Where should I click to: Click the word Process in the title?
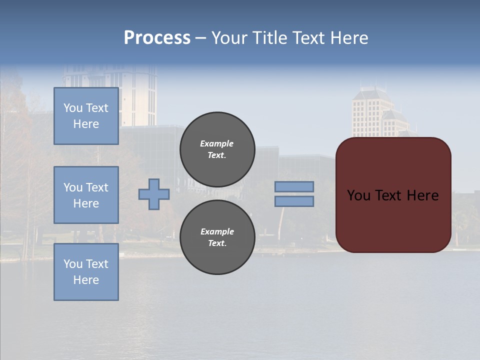(x=157, y=38)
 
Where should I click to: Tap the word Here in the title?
(x=347, y=38)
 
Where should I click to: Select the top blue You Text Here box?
(x=86, y=116)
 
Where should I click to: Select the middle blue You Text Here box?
(x=86, y=195)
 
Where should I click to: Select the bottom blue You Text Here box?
(x=86, y=272)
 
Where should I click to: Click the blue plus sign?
(x=154, y=194)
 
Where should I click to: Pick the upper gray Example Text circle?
(x=217, y=149)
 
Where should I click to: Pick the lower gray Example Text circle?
(x=217, y=237)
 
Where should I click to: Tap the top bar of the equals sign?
(x=294, y=186)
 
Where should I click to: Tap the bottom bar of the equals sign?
(x=294, y=201)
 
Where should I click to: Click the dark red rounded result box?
(x=393, y=220)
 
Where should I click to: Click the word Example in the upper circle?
(x=217, y=143)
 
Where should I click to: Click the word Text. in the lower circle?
(x=217, y=243)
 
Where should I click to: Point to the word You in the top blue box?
(x=73, y=108)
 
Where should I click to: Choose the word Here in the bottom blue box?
(x=86, y=280)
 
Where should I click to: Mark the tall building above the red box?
(x=372, y=112)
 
